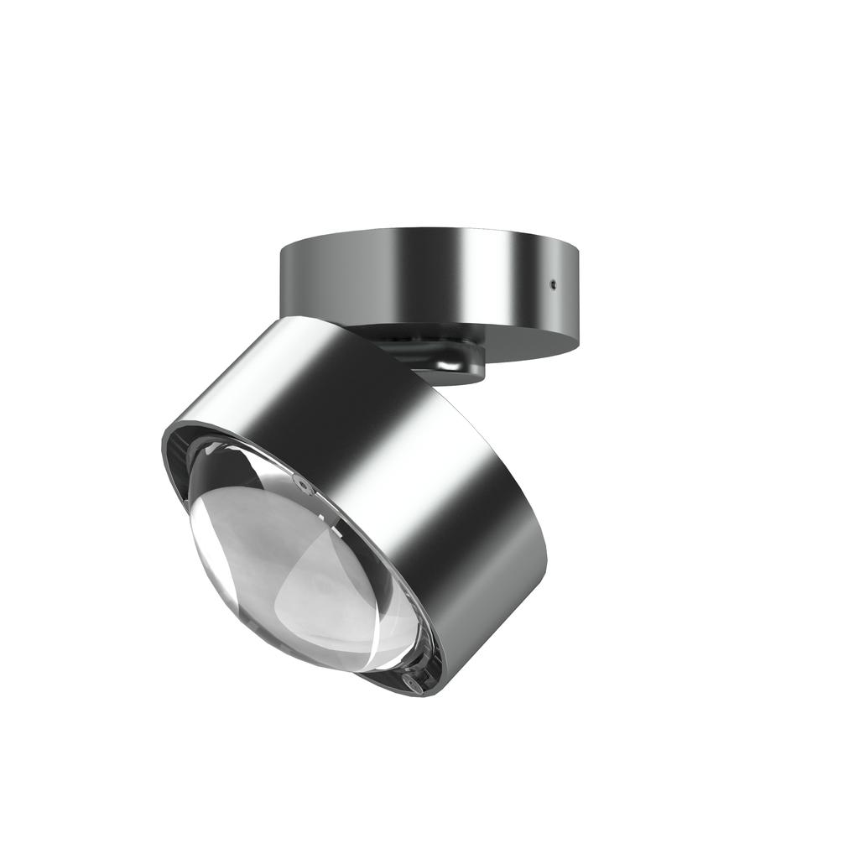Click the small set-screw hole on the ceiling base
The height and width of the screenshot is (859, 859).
pos(553,284)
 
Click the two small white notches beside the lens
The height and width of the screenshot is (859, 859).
pos(340,526)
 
